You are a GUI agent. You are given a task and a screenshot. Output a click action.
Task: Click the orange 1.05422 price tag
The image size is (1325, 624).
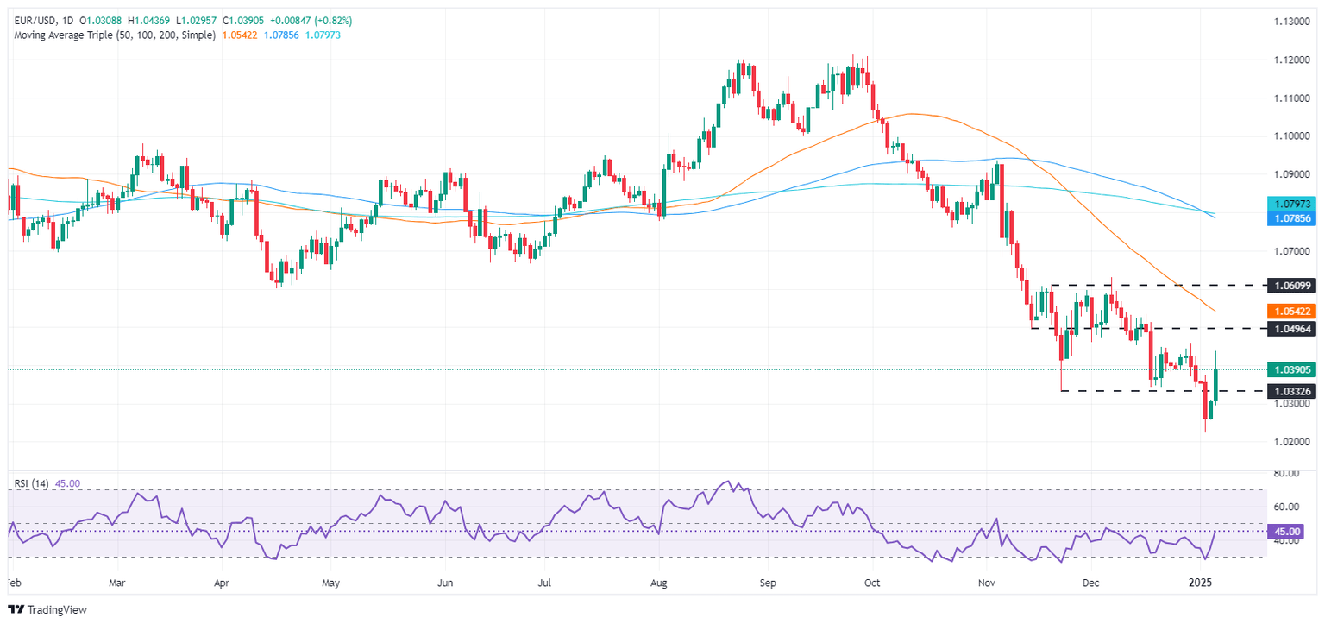click(1290, 311)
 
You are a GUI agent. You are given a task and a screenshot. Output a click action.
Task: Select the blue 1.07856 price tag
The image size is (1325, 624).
click(1290, 220)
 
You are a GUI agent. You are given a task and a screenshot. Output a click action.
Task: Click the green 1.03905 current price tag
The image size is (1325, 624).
click(1290, 369)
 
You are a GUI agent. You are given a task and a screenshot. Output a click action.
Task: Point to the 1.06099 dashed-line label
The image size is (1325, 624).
click(1290, 285)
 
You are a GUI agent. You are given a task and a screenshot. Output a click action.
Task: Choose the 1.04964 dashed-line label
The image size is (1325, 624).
click(1290, 330)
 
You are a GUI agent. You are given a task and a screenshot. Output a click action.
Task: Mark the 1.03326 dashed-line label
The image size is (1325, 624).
click(1290, 391)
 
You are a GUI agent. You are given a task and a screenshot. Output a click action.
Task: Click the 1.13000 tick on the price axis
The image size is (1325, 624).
click(1290, 22)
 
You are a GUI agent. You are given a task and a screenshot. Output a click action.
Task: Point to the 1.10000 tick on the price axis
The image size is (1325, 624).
click(1290, 136)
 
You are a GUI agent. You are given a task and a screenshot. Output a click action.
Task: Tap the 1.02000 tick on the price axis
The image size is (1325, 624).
click(1290, 442)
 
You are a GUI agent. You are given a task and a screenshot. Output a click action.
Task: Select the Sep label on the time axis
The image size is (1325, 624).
click(769, 583)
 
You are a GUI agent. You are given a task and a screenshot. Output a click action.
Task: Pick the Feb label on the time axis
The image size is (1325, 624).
click(16, 583)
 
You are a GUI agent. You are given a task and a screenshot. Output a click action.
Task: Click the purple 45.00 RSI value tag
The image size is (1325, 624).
click(1286, 533)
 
